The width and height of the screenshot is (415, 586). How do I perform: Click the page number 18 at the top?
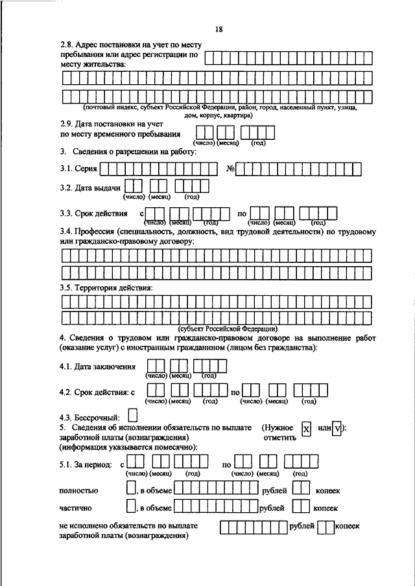click(x=219, y=29)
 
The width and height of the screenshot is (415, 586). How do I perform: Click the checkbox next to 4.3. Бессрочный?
click(x=133, y=414)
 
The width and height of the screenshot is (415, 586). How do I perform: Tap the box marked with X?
click(x=307, y=429)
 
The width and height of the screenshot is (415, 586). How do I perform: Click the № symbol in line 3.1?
click(x=230, y=170)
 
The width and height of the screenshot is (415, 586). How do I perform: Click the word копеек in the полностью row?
click(x=327, y=491)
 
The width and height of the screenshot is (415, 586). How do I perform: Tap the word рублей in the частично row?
click(x=272, y=508)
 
